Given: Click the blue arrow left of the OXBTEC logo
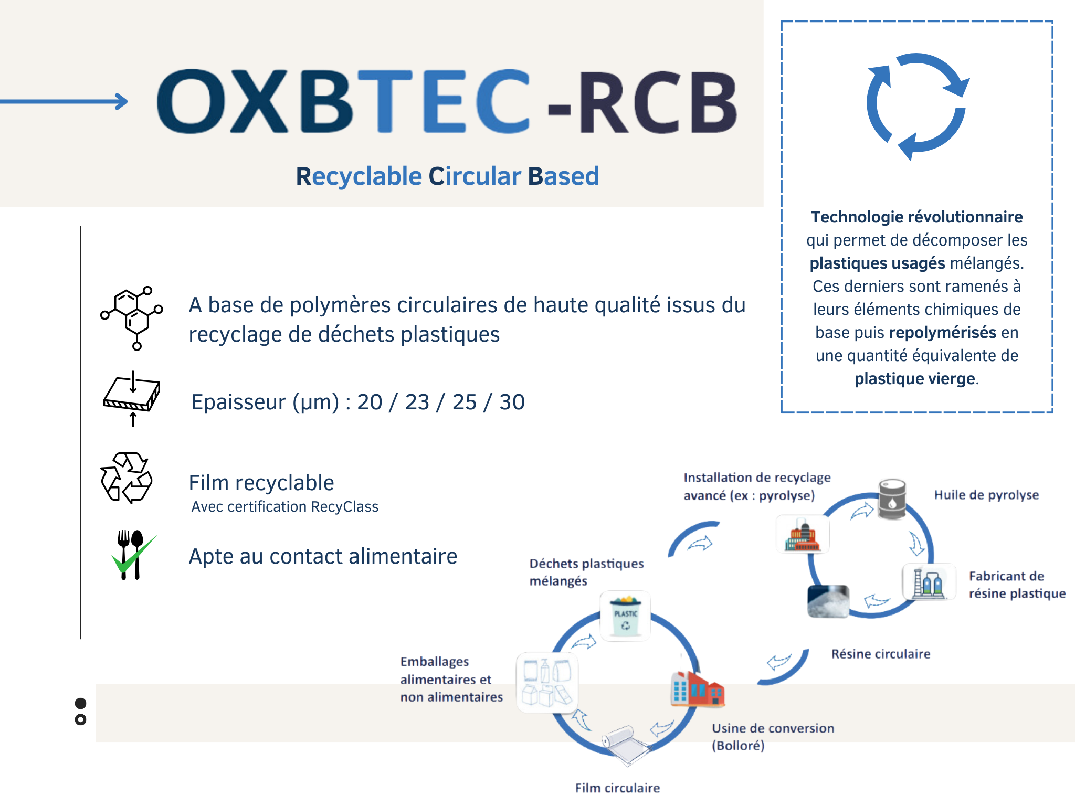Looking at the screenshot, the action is [x=64, y=101].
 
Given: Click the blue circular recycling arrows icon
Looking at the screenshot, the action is [x=917, y=107].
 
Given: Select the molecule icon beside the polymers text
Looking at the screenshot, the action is [x=132, y=318].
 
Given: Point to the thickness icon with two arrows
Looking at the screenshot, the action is [x=132, y=398].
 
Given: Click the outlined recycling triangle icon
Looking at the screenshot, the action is [x=127, y=478].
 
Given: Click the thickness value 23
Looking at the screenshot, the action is [x=417, y=402].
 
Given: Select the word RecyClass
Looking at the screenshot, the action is [x=344, y=506].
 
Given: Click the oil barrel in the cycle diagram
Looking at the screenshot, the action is [x=892, y=499].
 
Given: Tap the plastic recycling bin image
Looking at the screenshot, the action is [x=625, y=616].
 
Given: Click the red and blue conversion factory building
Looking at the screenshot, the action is [x=697, y=689].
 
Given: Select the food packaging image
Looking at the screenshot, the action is [x=547, y=682].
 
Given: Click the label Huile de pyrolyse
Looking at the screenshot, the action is [x=986, y=495].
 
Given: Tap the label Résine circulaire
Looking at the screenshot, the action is [x=881, y=654].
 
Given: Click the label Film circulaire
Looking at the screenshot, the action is [x=617, y=788].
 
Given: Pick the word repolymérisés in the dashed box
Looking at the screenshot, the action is [x=943, y=332].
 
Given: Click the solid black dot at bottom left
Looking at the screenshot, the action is [x=80, y=703].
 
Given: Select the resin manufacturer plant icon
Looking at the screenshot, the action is [x=929, y=582].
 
